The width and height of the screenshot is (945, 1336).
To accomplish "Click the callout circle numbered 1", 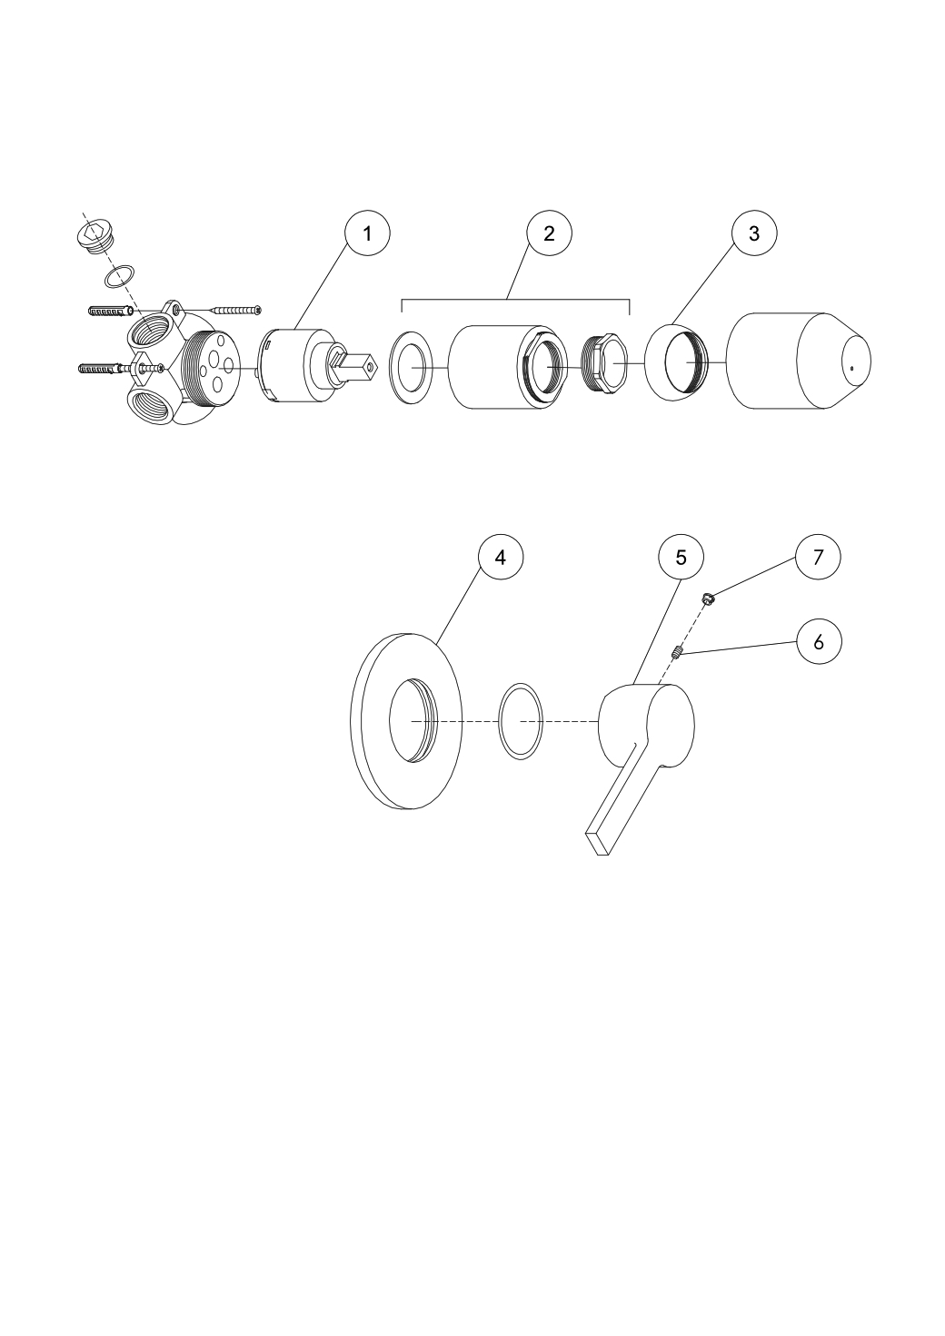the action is pos(367,233).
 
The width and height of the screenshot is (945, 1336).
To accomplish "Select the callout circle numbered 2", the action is pos(549,233).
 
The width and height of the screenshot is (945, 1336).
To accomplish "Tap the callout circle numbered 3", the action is pos(754,233).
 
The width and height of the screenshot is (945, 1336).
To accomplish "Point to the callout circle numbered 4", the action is pos(501,557).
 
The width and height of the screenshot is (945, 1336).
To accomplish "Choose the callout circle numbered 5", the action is pos(681,557).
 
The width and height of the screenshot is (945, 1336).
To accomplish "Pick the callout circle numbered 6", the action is pos(819,642).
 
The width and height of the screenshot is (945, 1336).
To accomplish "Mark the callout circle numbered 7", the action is pos(818,557).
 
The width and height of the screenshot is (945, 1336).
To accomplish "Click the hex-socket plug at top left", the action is pos(95,236).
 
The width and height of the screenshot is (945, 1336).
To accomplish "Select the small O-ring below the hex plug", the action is pos(119,276).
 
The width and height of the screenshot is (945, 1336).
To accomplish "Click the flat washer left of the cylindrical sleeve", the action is pos(411,368).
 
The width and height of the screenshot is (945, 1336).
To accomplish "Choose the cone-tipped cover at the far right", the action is pos(798,361).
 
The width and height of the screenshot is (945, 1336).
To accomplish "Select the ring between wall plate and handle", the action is pos(521,721).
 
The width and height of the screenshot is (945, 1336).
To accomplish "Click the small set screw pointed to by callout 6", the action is pos(677,654).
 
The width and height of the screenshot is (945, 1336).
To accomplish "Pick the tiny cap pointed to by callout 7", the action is pos(708,599).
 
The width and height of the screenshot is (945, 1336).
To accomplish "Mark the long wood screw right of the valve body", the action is pos(236,310).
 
